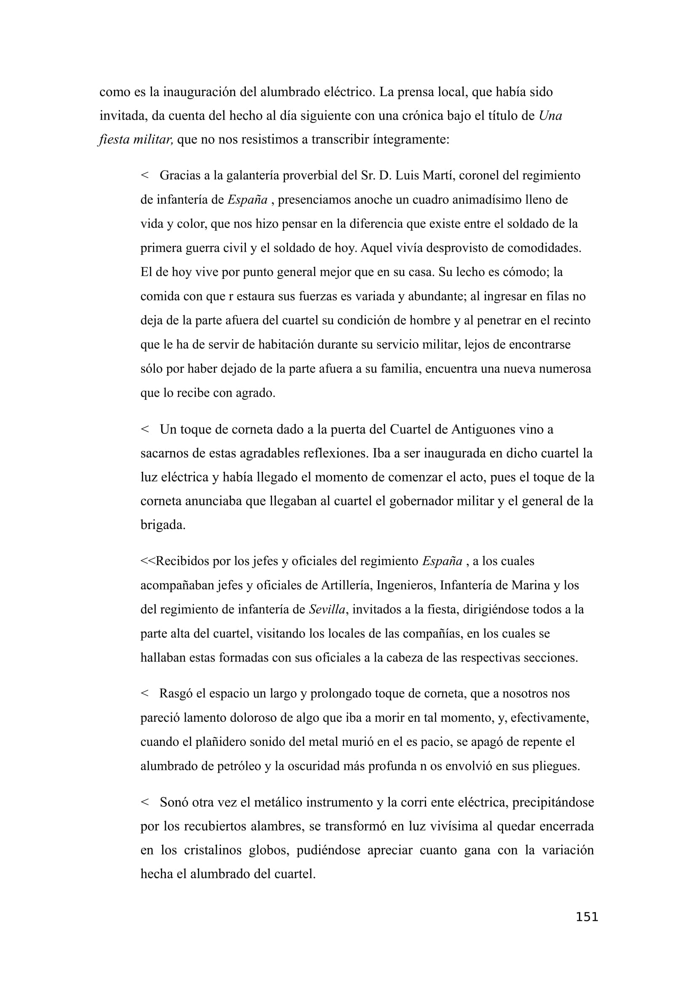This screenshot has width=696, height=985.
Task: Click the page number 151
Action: [587, 917]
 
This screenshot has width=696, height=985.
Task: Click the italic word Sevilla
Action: [327, 610]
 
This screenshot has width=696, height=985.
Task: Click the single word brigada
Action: [163, 526]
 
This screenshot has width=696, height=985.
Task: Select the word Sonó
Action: [173, 802]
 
